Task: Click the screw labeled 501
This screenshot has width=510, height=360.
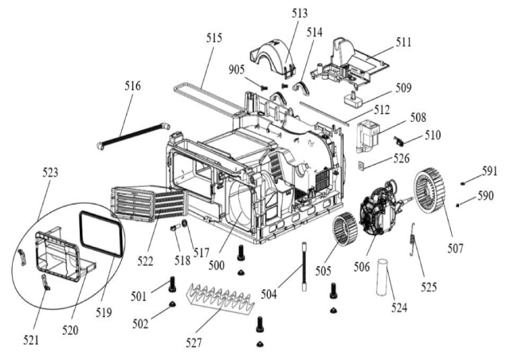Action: [172, 284]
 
